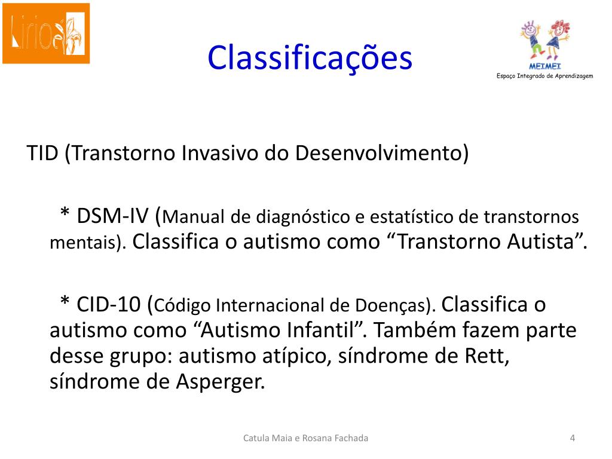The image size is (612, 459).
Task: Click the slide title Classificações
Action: (310, 58)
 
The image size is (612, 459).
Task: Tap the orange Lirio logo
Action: (46, 33)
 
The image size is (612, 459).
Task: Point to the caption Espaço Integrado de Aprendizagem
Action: (544, 75)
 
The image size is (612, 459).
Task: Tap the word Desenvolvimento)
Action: (382, 154)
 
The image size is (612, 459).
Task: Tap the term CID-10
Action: (110, 304)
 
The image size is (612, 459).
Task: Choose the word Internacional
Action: (270, 306)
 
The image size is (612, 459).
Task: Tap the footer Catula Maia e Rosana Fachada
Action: (306, 439)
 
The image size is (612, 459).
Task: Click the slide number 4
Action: (573, 439)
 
